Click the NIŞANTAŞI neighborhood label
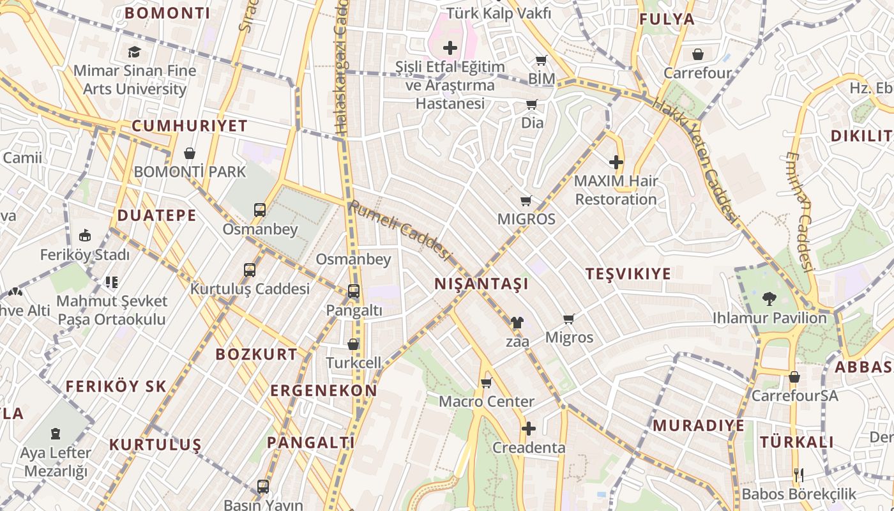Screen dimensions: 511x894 point(481,284)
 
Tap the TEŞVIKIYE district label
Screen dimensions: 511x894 point(628,274)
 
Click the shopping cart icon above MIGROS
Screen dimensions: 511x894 point(526,201)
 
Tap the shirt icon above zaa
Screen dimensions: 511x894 point(517,323)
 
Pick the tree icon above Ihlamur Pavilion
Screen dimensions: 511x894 point(769,298)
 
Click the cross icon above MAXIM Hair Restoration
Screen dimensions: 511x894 point(616,162)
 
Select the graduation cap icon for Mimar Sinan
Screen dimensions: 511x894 point(134,52)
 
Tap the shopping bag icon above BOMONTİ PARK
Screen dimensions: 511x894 point(190,153)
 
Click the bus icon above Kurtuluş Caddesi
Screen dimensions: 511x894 point(250,270)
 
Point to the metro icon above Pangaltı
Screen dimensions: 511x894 point(353,291)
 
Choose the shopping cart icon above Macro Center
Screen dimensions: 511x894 point(486,383)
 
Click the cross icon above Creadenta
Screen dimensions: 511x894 point(528,429)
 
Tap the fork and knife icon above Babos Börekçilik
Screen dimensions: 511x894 point(798,475)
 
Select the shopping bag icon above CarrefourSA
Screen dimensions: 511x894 point(794,377)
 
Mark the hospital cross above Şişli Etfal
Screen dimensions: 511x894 point(450,47)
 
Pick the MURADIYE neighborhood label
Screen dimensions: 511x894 point(698,425)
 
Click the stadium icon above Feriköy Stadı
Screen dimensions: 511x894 point(84,236)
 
